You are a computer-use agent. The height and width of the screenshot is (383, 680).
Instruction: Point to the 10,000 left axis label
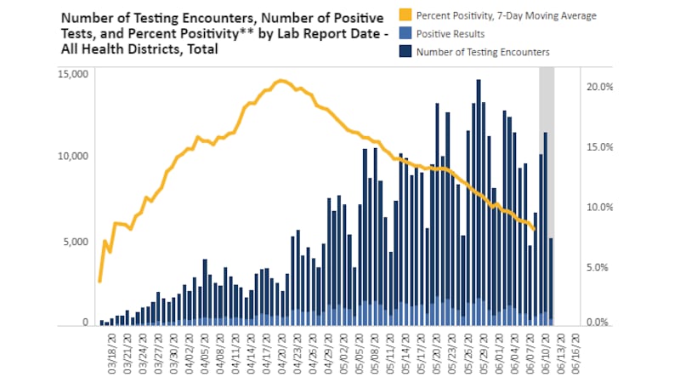tap(72, 157)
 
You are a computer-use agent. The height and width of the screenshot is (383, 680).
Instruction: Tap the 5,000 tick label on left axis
tap(75, 241)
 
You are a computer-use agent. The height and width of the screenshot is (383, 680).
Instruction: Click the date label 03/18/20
tap(111, 353)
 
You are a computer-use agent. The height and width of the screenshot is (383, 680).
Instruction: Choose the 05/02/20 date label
tap(343, 353)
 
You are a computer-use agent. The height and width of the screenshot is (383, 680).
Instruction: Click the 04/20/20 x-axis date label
tap(282, 353)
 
